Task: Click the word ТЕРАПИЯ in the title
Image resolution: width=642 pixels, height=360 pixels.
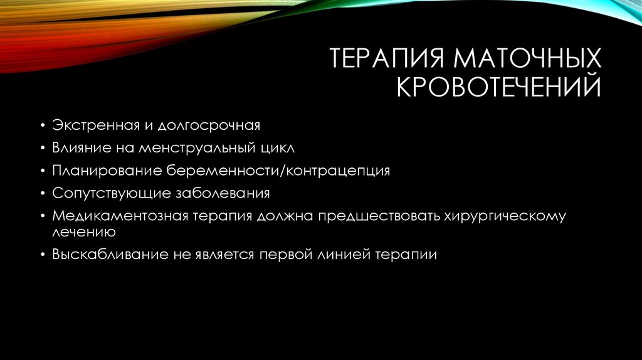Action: tap(383, 60)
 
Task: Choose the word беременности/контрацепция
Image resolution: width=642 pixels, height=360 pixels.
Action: tap(278, 171)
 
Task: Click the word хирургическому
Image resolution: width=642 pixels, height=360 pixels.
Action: tap(505, 216)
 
